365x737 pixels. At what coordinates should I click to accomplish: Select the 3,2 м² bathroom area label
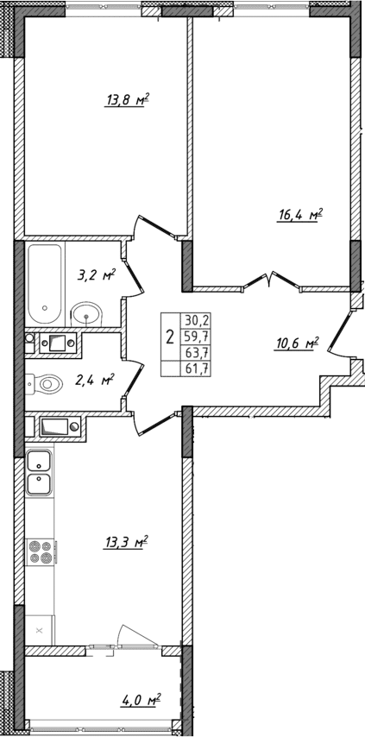(x=96, y=276)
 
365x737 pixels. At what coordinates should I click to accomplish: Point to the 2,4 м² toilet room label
(x=95, y=379)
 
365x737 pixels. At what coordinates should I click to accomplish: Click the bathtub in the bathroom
(x=44, y=281)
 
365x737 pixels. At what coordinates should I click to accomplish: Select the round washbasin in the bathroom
(x=87, y=313)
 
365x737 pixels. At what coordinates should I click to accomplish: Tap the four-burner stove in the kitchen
(x=40, y=551)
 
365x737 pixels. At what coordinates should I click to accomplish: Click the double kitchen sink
(x=39, y=473)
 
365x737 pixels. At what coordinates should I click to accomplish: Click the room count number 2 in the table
(x=170, y=336)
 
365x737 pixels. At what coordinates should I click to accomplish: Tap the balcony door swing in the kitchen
(x=128, y=635)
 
